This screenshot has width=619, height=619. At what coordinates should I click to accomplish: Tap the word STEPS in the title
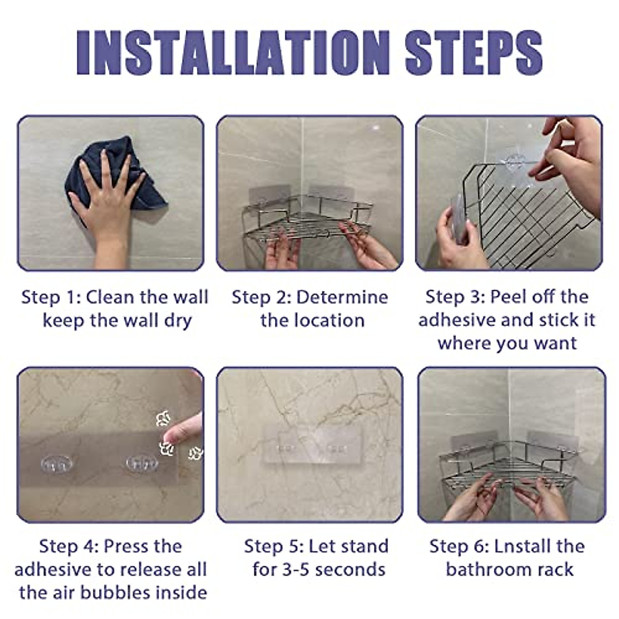(474, 53)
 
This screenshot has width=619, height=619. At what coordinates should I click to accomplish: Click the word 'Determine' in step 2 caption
(342, 297)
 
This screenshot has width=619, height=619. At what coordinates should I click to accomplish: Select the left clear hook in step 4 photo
(57, 464)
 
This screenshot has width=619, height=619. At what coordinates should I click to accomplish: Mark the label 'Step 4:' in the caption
(69, 547)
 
